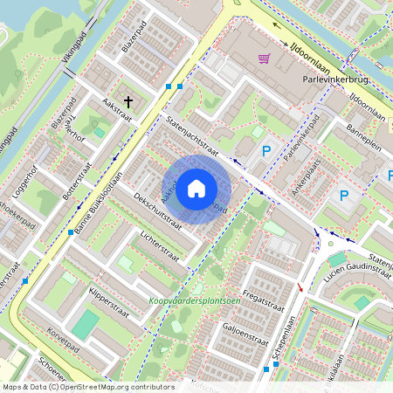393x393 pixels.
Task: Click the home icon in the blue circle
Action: (x=196, y=189)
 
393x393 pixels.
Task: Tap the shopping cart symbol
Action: (x=264, y=59)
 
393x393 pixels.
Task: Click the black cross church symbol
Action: (x=129, y=102)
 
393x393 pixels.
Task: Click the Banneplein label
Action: (x=365, y=138)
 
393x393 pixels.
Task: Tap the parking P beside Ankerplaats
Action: (x=343, y=196)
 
